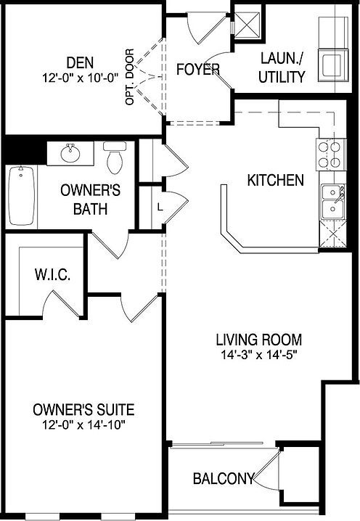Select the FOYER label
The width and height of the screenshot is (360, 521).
click(x=198, y=70)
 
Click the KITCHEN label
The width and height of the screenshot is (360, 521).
click(x=276, y=180)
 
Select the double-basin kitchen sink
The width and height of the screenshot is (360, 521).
click(x=333, y=202)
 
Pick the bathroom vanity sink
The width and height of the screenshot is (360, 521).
click(x=70, y=154)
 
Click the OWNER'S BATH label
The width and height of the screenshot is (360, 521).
click(x=84, y=200)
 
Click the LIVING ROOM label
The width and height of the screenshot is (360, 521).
click(x=258, y=340)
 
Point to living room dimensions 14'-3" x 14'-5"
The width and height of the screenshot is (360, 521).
click(x=258, y=355)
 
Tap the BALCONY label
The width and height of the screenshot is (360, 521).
click(x=223, y=479)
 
